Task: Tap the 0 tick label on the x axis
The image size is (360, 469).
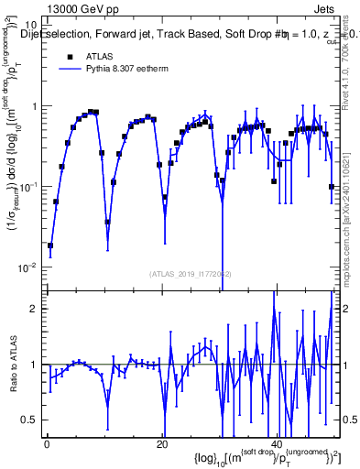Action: (47, 444)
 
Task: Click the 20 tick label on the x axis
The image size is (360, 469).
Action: (162, 444)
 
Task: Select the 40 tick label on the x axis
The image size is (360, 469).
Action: (277, 444)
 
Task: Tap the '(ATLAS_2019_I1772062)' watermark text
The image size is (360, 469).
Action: (191, 274)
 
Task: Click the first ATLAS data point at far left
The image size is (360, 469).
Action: (50, 245)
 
